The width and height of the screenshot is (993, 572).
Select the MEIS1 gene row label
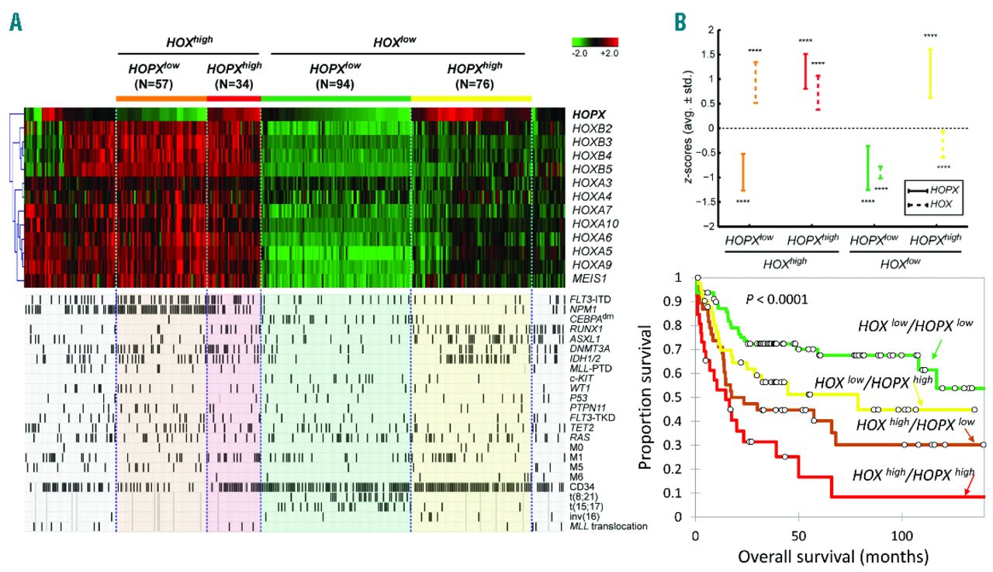click(586, 279)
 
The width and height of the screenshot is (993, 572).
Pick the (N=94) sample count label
click(335, 84)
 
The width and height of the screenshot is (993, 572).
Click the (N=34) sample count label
click(233, 84)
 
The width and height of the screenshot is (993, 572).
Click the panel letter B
click(680, 23)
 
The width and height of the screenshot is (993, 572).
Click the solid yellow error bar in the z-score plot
click(929, 73)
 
